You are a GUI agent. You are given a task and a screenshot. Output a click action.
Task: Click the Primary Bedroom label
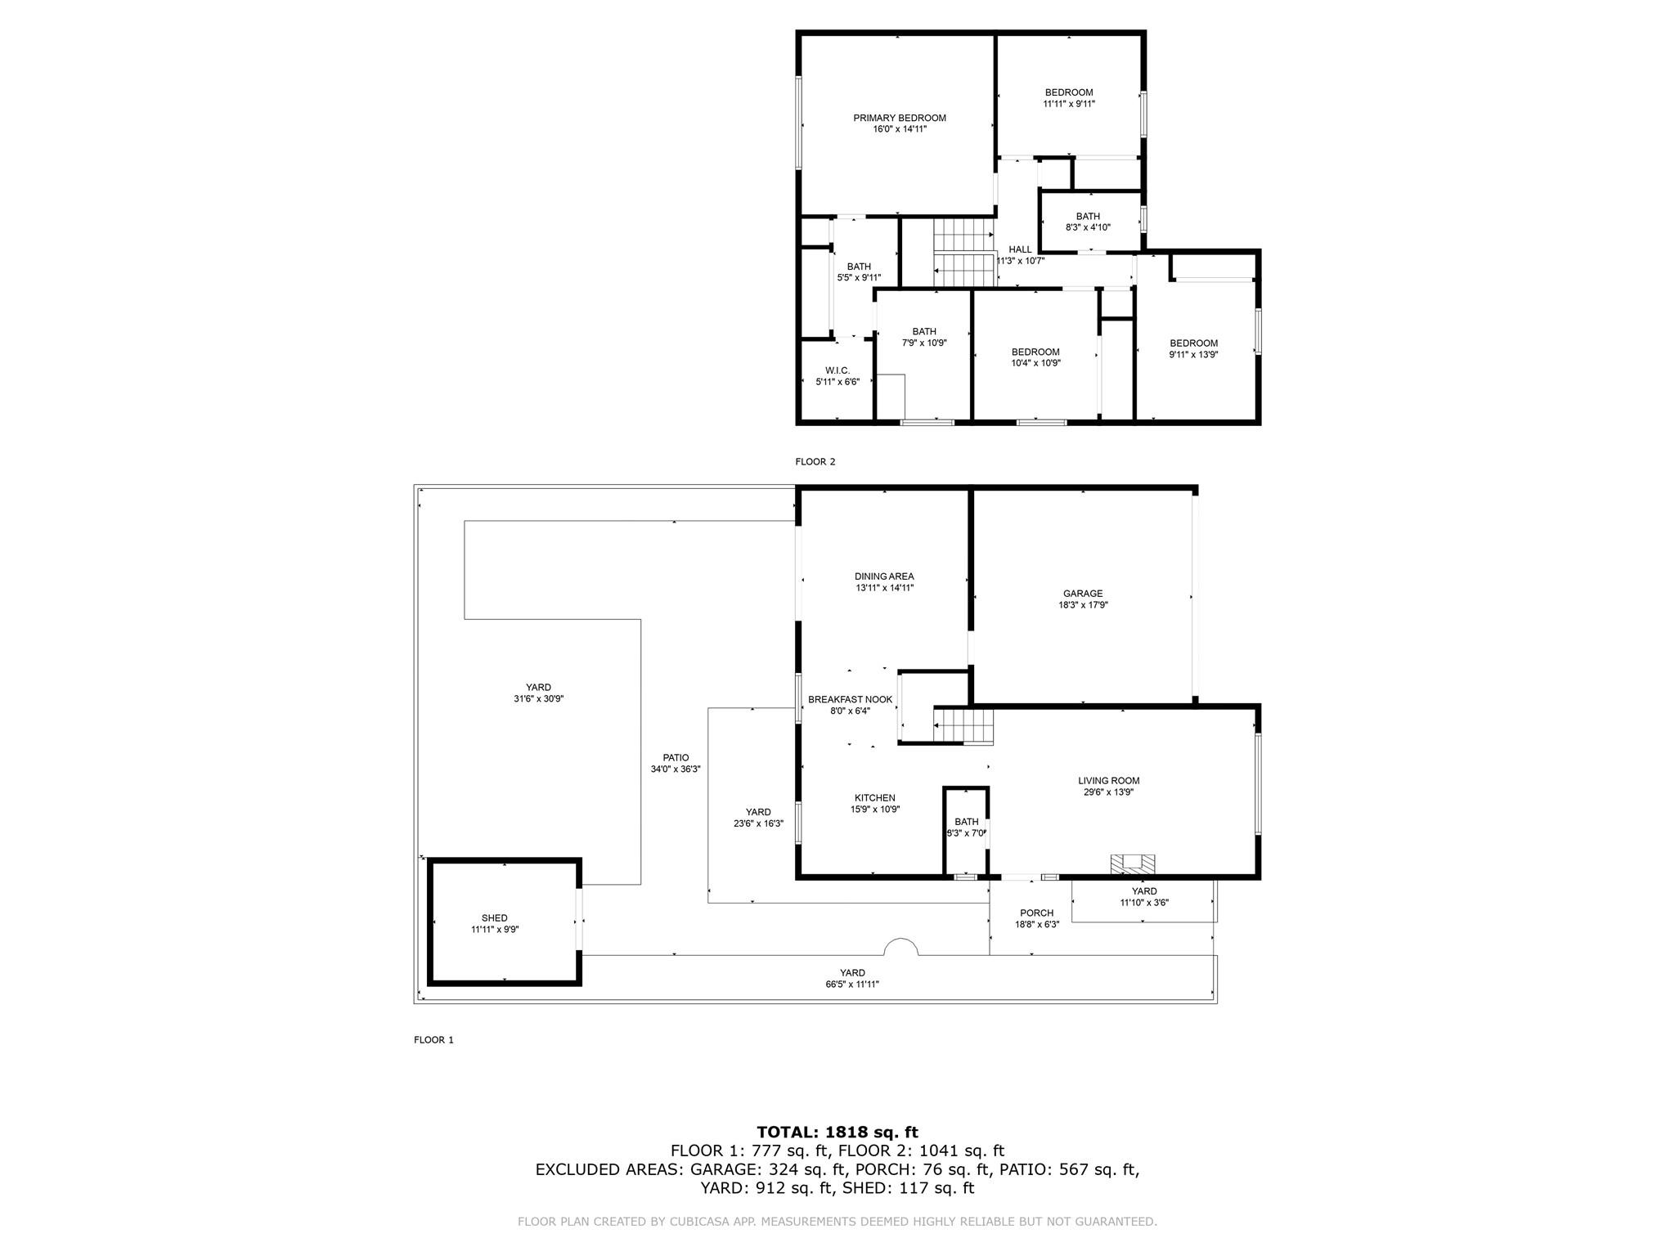pyautogui.click(x=900, y=118)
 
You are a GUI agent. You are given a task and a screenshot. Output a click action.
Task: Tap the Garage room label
pyautogui.click(x=1083, y=594)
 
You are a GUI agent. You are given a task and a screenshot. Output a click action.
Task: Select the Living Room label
pyautogui.click(x=1108, y=781)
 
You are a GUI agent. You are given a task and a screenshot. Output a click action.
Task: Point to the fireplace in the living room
pyautogui.click(x=1133, y=863)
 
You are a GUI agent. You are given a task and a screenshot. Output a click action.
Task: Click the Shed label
pyautogui.click(x=494, y=918)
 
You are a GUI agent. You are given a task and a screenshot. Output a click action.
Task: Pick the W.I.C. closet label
pyautogui.click(x=837, y=370)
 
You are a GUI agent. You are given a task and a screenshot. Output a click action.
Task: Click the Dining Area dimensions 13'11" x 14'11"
pyautogui.click(x=884, y=588)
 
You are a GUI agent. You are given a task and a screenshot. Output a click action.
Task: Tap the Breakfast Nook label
pyautogui.click(x=851, y=700)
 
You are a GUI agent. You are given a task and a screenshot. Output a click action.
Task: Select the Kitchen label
pyautogui.click(x=875, y=798)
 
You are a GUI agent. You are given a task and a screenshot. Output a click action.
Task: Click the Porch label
pyautogui.click(x=1036, y=913)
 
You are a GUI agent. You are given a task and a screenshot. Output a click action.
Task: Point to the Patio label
pyautogui.click(x=676, y=758)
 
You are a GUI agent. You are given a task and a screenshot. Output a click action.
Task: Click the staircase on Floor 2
pyautogui.click(x=963, y=253)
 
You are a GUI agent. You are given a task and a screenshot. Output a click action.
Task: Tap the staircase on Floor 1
pyautogui.click(x=963, y=727)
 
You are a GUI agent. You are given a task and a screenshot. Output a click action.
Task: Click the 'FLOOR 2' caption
pyautogui.click(x=815, y=462)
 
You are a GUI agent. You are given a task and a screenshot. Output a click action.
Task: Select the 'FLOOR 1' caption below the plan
pyautogui.click(x=433, y=1040)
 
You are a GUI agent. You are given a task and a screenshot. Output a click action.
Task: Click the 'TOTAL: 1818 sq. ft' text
pyautogui.click(x=837, y=1133)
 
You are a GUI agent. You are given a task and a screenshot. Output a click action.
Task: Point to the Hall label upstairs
pyautogui.click(x=1020, y=250)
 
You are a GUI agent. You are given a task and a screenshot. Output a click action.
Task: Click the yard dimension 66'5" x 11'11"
pyautogui.click(x=852, y=985)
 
